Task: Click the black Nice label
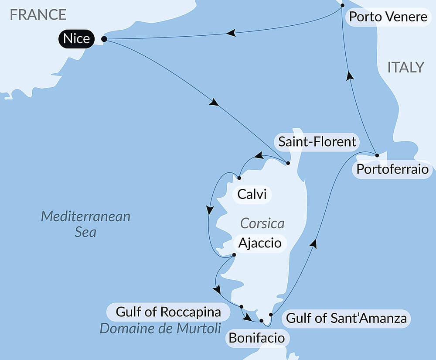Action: pyautogui.click(x=76, y=39)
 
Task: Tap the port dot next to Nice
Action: pyautogui.click(x=104, y=39)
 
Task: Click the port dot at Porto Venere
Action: pyautogui.click(x=342, y=6)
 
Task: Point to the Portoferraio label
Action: pyautogui.click(x=392, y=169)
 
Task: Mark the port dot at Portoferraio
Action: pyautogui.click(x=377, y=155)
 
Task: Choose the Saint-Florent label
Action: pyautogui.click(x=317, y=141)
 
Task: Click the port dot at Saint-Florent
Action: pyautogui.click(x=288, y=163)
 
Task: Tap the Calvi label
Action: pyautogui.click(x=252, y=194)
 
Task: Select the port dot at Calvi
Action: pyautogui.click(x=239, y=178)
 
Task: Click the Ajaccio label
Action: pyautogui.click(x=259, y=242)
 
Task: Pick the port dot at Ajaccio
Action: pyautogui.click(x=234, y=255)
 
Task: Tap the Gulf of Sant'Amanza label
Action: pyautogui.click(x=346, y=318)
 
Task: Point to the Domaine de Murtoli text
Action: pyautogui.click(x=160, y=328)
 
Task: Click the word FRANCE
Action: pyautogui.click(x=38, y=14)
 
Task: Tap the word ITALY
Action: pyautogui.click(x=405, y=67)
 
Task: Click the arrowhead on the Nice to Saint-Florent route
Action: pyautogui.click(x=214, y=103)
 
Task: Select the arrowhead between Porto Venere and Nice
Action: pyautogui.click(x=231, y=33)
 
